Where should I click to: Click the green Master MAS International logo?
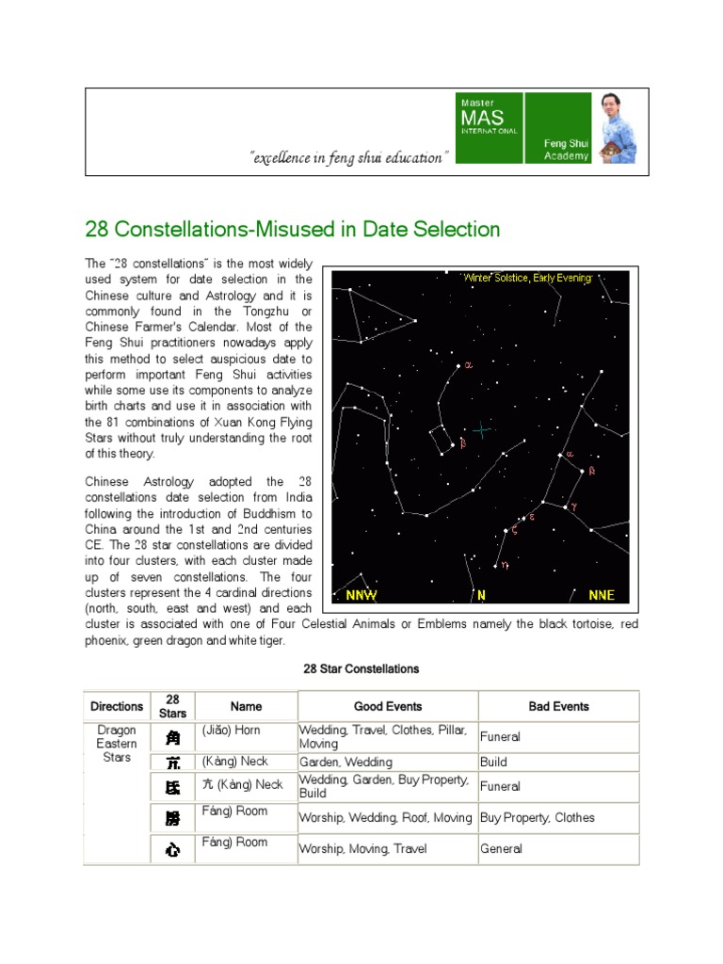(x=490, y=128)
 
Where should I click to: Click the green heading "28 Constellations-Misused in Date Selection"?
(x=293, y=229)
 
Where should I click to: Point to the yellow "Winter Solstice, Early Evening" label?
(x=527, y=278)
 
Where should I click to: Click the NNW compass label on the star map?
(x=361, y=595)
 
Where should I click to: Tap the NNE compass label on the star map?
(x=601, y=595)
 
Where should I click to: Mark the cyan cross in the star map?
(x=482, y=430)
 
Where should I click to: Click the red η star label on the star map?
(x=505, y=565)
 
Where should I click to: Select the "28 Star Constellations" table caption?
(x=361, y=669)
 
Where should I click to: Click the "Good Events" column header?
(x=388, y=706)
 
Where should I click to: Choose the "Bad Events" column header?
(x=558, y=706)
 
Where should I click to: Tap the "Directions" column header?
(x=117, y=706)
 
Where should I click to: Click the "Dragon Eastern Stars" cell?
(x=117, y=743)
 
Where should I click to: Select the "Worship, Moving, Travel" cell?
(x=363, y=848)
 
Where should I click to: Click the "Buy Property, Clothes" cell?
(x=538, y=817)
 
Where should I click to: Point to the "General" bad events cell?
(x=501, y=848)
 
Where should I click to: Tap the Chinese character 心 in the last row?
(x=172, y=850)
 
